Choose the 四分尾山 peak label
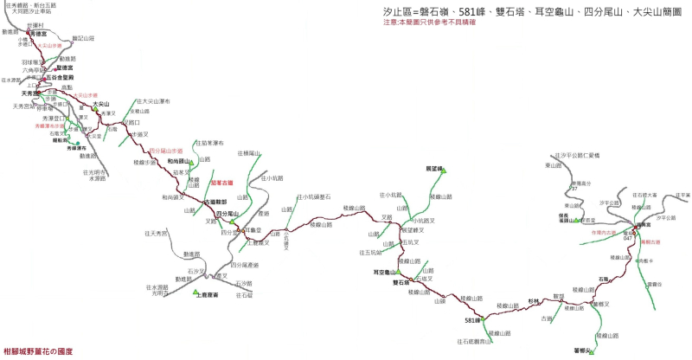[x=227, y=213]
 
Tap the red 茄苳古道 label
[x=223, y=183]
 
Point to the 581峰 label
[x=471, y=321]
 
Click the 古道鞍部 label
[x=215, y=202]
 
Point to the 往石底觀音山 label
[x=475, y=342]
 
